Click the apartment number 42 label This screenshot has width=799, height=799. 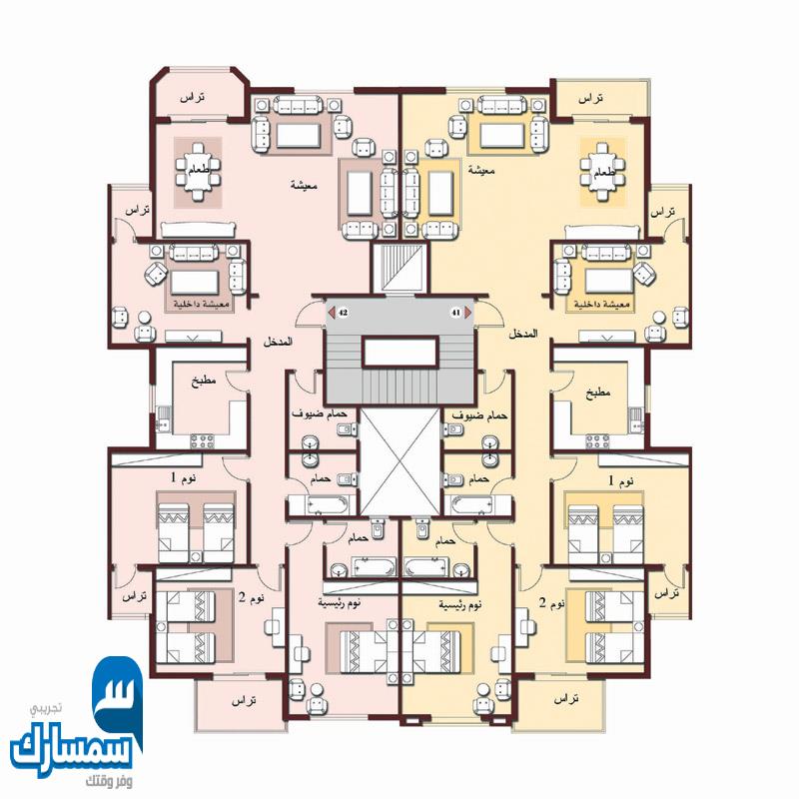click(343, 313)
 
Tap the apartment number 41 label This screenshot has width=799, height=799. click(456, 313)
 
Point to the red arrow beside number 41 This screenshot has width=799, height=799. click(468, 313)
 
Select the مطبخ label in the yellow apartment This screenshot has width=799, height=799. click(599, 393)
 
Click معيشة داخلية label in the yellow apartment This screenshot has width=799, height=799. click(603, 303)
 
